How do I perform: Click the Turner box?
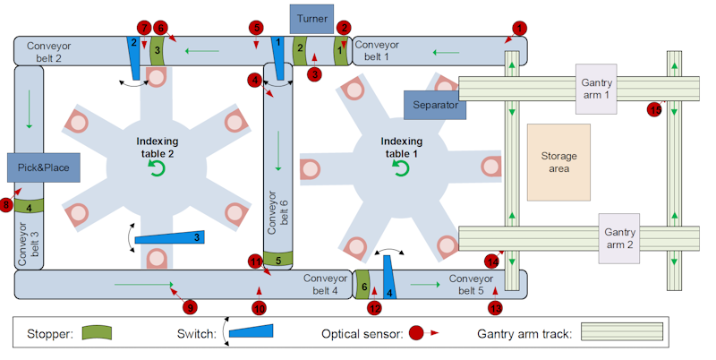pos(312,18)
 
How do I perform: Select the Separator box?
pos(436,105)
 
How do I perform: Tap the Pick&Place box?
pos(41,167)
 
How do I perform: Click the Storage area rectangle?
pos(559,161)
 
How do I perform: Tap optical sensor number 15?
pos(654,110)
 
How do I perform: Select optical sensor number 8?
pos(6,206)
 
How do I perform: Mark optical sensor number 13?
pos(496,308)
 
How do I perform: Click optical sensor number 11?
pos(255,261)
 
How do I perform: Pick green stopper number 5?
pos(279,261)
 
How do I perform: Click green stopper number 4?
pos(30,208)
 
